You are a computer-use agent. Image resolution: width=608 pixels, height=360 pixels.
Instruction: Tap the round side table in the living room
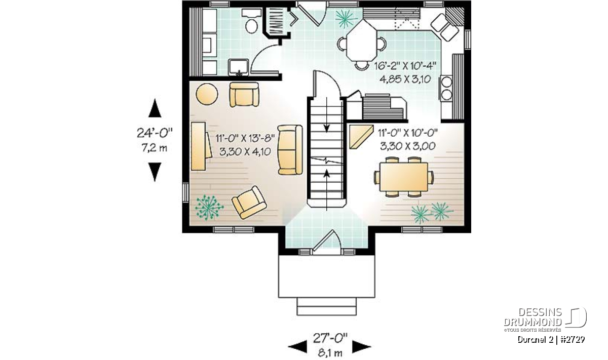coord(207,94)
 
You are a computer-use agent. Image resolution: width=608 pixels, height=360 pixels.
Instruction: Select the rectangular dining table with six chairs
coord(404,177)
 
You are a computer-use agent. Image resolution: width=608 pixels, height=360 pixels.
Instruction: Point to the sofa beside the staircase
coord(290,149)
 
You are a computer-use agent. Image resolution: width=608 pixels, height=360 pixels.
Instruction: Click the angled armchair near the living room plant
coord(249,202)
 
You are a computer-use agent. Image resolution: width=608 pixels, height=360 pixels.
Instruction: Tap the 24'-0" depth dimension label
coord(155,133)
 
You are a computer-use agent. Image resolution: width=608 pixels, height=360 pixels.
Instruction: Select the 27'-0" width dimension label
coord(330,338)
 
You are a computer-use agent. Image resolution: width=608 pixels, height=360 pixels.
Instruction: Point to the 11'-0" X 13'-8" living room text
coord(245,138)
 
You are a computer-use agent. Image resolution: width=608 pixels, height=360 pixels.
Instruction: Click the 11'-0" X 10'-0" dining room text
coord(408,133)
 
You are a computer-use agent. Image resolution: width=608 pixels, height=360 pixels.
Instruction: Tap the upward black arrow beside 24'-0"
coord(155,108)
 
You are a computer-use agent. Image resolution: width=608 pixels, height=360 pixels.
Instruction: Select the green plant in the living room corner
coord(209,207)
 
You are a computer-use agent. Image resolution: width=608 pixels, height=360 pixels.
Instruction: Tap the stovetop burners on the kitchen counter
coord(446,88)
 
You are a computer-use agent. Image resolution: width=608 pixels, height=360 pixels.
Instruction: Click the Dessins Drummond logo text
coord(533,317)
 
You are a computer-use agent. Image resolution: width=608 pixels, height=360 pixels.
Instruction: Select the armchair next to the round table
coord(244,94)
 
